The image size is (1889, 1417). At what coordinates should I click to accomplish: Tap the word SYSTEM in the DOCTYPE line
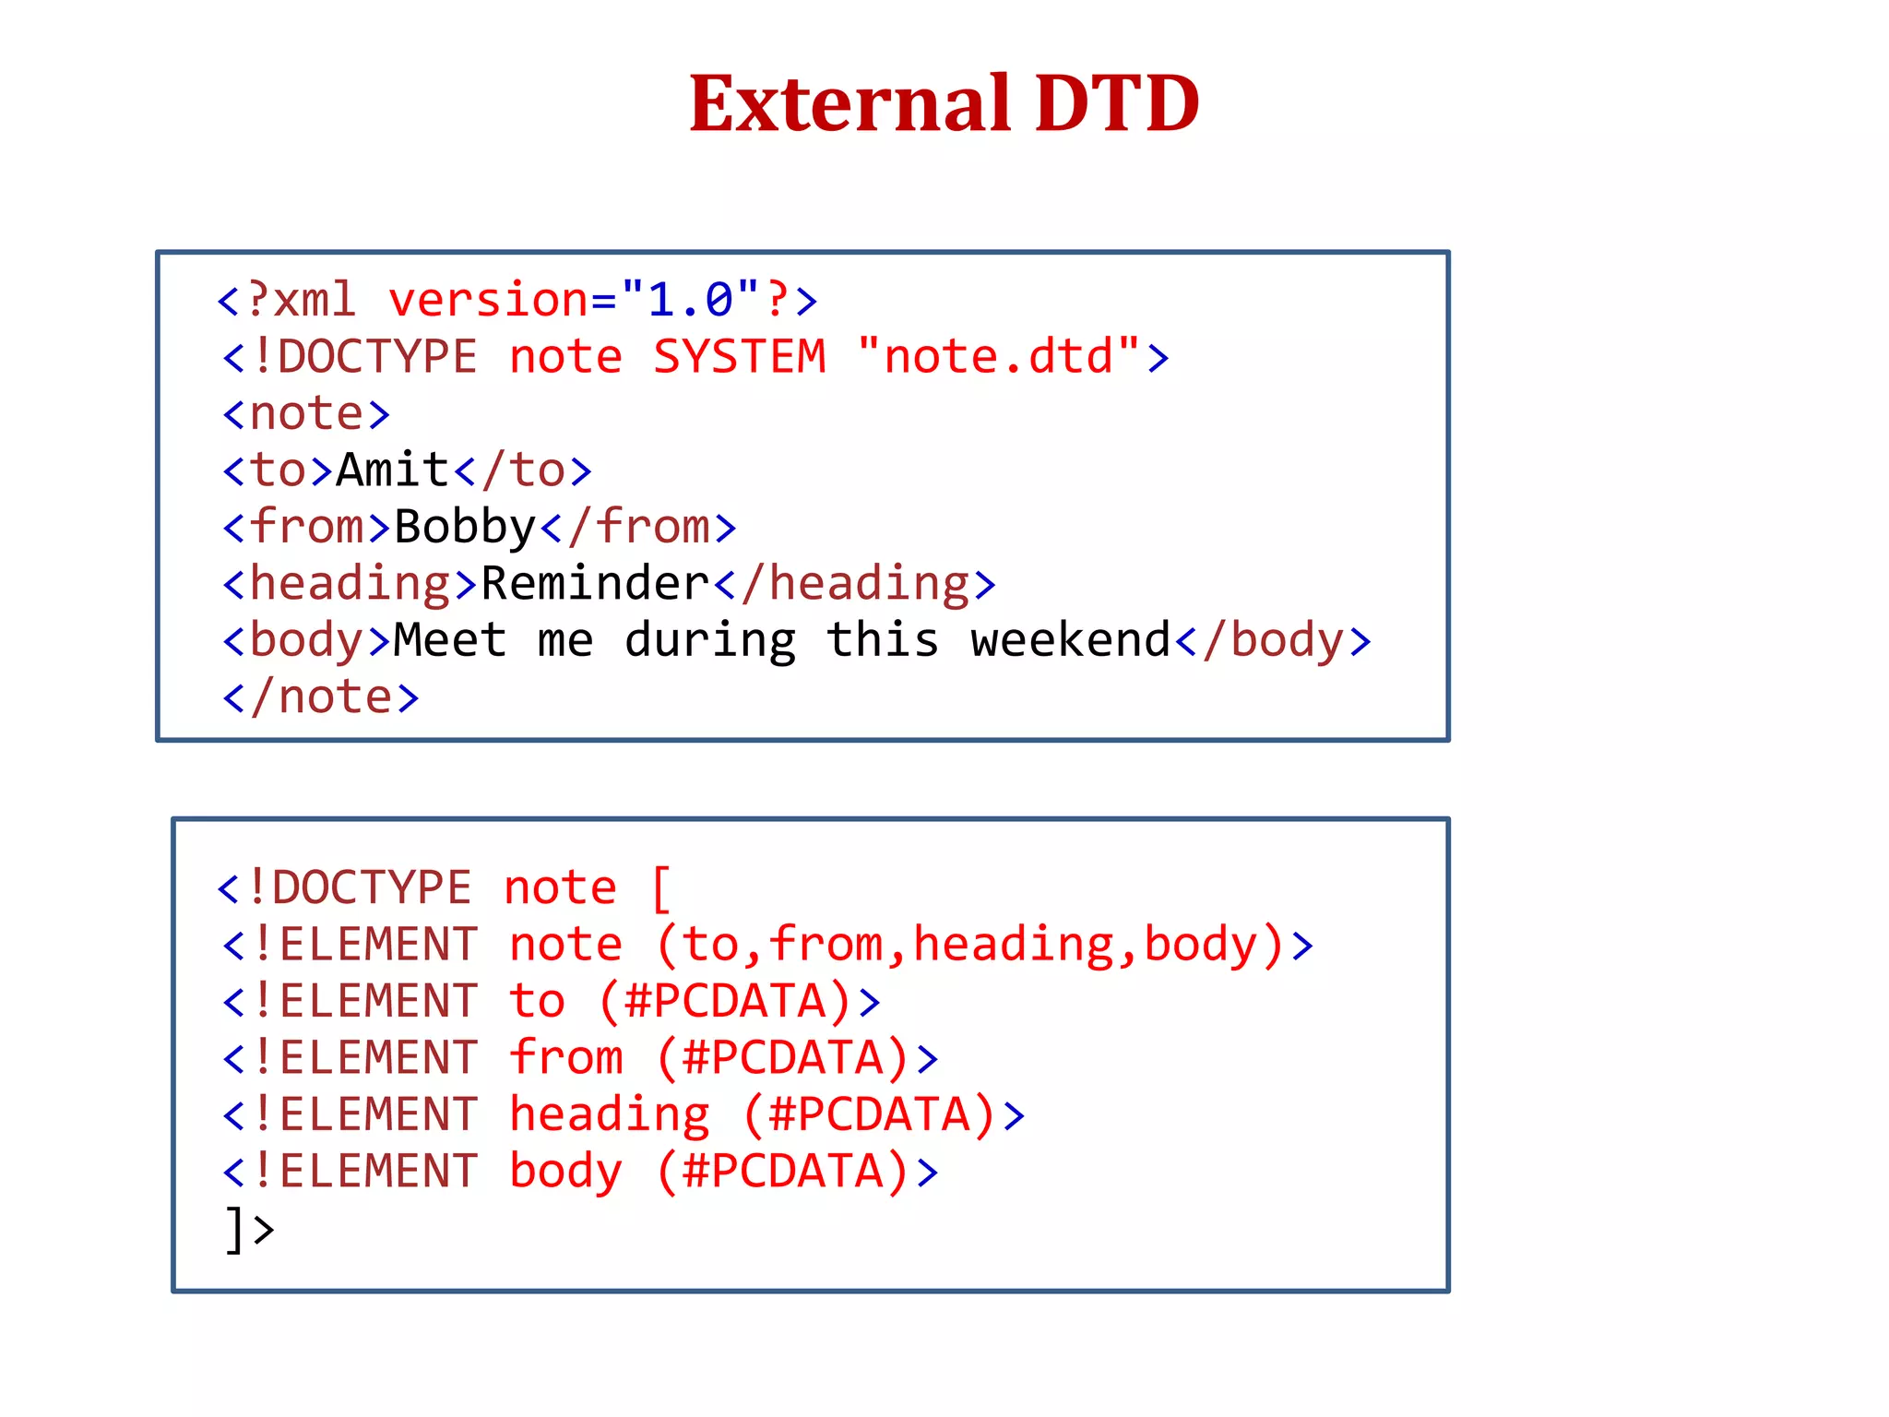tap(740, 357)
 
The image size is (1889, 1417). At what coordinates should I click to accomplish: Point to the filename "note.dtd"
tap(999, 357)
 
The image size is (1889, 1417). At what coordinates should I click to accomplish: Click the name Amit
tap(393, 470)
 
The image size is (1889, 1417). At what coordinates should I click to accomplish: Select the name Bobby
tap(465, 528)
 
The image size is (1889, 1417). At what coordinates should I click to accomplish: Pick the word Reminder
tap(595, 584)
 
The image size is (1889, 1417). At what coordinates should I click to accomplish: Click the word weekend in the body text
tap(1070, 640)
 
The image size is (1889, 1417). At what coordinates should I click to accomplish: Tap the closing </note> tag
tap(321, 697)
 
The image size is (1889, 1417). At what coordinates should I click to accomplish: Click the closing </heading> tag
tap(855, 584)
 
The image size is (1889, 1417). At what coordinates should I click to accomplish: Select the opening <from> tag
tap(307, 528)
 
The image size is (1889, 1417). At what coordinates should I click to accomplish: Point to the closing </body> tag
tap(1273, 640)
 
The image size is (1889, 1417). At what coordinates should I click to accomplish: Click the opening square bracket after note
tap(661, 887)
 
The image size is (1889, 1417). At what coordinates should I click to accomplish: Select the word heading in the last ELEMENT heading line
tap(610, 1114)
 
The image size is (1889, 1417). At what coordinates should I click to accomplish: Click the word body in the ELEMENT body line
tap(565, 1172)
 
